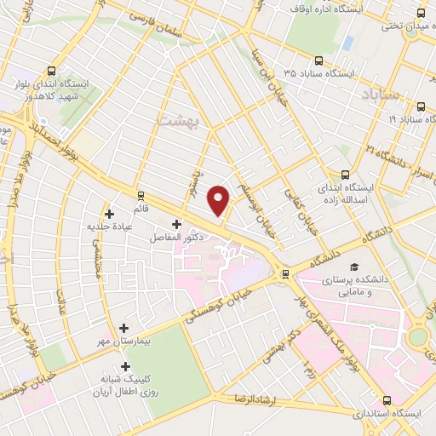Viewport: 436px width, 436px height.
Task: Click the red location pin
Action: click(x=220, y=199)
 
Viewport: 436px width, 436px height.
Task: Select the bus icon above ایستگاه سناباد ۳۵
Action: click(x=318, y=60)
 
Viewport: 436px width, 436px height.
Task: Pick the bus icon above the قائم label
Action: click(x=141, y=195)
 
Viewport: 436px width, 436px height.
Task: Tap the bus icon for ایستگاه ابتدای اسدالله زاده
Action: click(x=345, y=173)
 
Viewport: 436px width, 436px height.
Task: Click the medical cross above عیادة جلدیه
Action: click(x=109, y=214)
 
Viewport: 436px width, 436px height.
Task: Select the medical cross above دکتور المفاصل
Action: click(x=176, y=224)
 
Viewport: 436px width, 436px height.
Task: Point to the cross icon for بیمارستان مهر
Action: click(x=124, y=328)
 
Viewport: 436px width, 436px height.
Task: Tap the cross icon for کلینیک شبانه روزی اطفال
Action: click(x=125, y=366)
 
